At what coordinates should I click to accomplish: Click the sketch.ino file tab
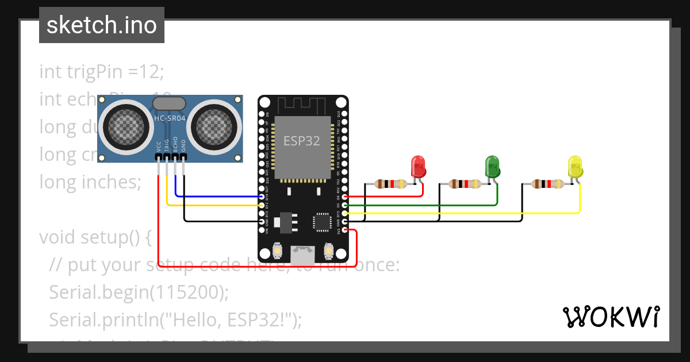point(101,25)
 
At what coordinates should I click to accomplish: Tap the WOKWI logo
point(610,317)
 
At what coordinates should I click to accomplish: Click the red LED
point(417,167)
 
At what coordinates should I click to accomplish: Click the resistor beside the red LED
point(390,184)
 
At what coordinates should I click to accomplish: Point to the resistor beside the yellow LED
point(547,184)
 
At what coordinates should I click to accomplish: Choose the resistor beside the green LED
point(465,184)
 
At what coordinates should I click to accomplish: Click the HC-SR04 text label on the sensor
point(169,118)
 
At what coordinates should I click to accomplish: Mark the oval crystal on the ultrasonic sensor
point(168,103)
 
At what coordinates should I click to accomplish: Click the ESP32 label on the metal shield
point(302,141)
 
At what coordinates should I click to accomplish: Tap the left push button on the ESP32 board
point(277,251)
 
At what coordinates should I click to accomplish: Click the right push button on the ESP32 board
point(329,251)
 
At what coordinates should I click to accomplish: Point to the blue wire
point(218,197)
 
